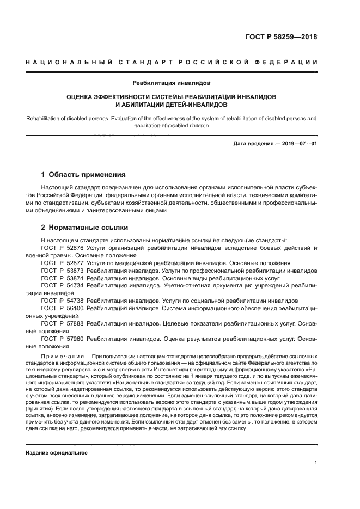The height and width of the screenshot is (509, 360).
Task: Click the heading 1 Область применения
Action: (x=83, y=175)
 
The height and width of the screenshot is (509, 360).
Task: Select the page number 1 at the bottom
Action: (x=315, y=463)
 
